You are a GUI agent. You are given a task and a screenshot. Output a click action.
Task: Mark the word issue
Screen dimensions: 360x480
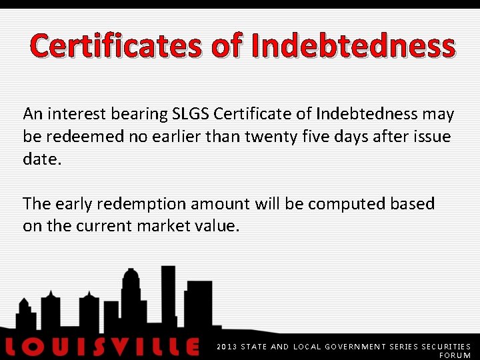[x=432, y=137]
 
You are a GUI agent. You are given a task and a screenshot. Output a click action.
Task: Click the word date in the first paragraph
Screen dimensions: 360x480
[x=41, y=159]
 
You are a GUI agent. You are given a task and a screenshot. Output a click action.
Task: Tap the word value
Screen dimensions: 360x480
[x=217, y=226]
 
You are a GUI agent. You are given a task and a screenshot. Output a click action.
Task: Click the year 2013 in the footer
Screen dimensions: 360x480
[x=227, y=347]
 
